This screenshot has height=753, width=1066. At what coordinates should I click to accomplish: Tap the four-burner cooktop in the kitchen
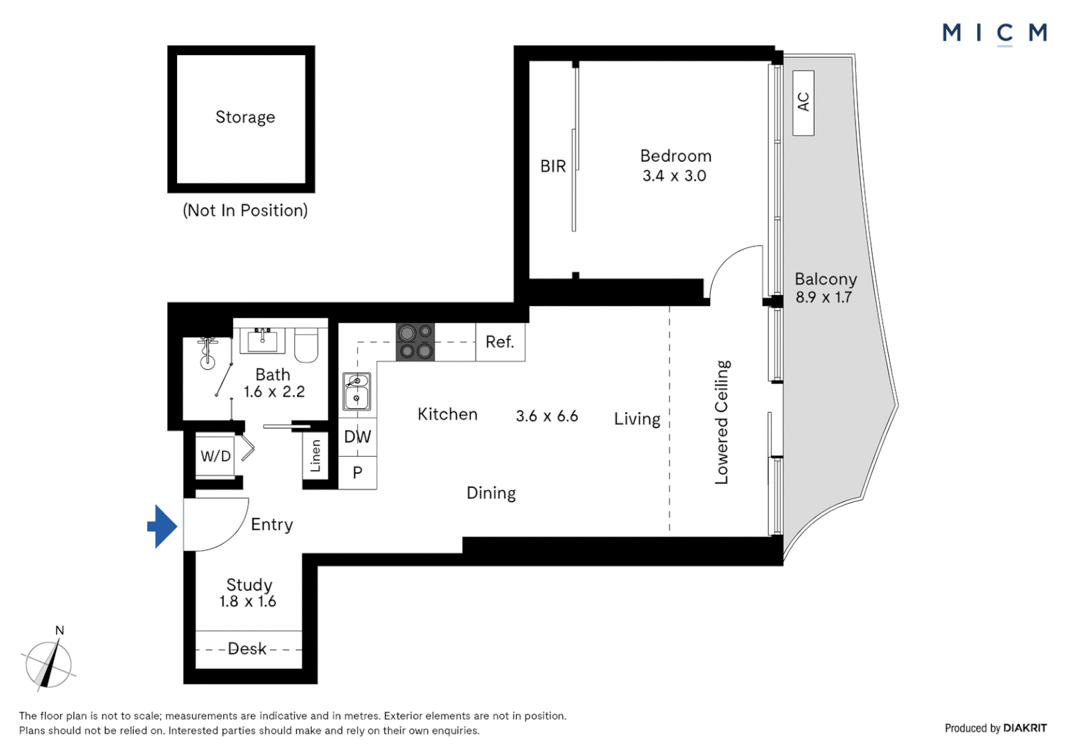(415, 342)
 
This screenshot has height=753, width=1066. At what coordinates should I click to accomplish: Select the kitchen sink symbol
(356, 391)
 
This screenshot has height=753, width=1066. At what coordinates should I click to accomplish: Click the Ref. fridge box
(500, 342)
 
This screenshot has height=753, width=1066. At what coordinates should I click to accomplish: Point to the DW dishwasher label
(357, 436)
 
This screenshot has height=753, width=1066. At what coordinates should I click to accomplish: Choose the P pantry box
(357, 473)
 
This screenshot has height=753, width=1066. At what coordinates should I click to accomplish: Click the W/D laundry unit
(216, 456)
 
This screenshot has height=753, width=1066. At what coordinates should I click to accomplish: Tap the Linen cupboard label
(315, 456)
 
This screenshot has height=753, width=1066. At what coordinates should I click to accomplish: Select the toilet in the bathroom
(306, 344)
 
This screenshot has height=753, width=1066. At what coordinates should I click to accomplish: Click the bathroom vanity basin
(262, 340)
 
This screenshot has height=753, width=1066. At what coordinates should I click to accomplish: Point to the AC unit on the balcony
(803, 102)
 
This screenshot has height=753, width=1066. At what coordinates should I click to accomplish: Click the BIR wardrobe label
(553, 167)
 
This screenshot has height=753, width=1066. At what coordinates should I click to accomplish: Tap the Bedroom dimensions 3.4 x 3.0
(675, 176)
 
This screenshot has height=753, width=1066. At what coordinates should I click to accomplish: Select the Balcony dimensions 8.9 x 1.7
(823, 297)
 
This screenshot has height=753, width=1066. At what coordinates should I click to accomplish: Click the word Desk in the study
(247, 649)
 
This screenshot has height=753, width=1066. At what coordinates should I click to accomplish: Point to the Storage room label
(245, 117)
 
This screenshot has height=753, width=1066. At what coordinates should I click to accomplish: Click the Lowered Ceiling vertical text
(722, 423)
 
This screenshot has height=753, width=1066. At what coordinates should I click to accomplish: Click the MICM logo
(995, 34)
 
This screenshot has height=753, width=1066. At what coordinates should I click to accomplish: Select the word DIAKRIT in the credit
(1025, 729)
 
